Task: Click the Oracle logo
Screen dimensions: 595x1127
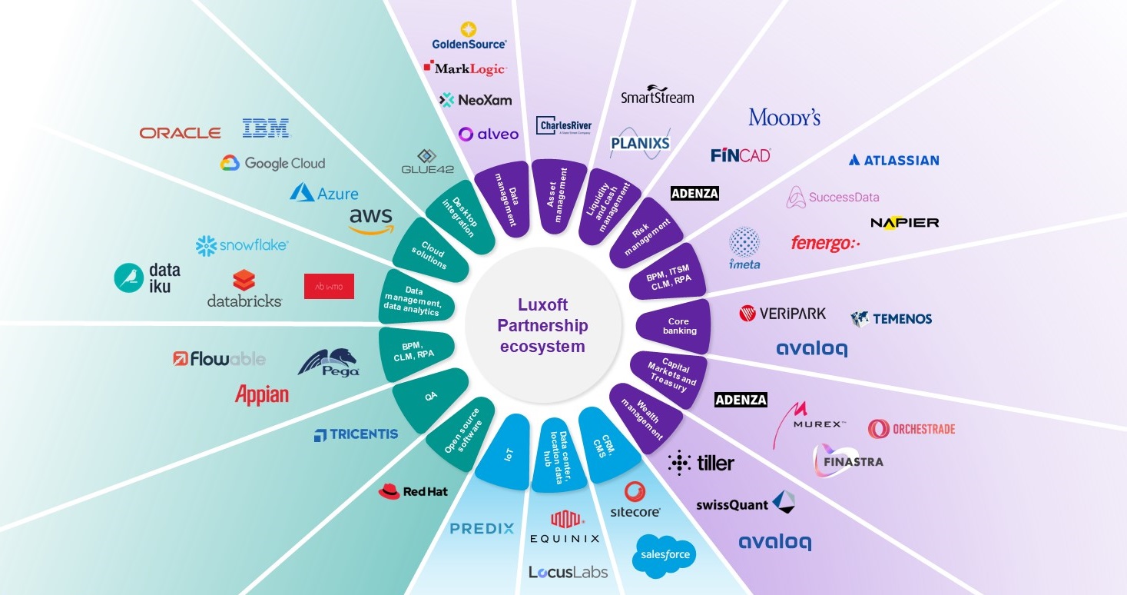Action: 180,133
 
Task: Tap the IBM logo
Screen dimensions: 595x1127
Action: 265,128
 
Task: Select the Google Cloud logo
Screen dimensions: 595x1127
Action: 273,163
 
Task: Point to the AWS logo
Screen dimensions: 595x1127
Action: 371,220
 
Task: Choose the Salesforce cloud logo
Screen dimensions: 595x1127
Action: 665,554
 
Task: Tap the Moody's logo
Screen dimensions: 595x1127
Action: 784,118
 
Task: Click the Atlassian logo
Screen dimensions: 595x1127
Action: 893,160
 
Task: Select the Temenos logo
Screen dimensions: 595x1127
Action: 891,318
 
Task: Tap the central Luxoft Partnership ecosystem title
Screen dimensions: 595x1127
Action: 542,326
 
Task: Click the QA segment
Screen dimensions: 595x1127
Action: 430,397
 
